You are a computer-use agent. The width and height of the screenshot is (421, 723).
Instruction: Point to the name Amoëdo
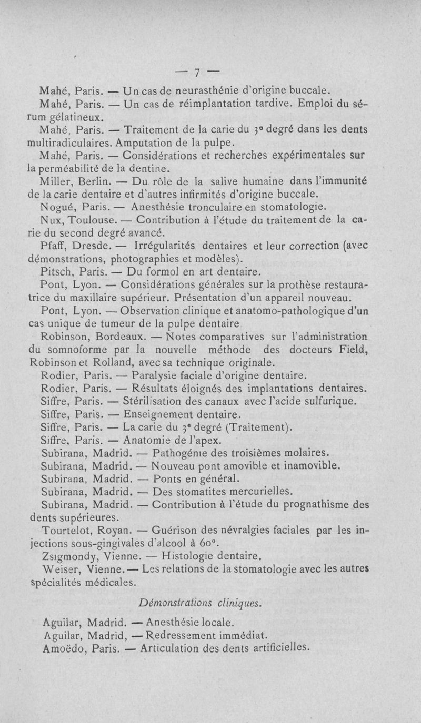(62, 647)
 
